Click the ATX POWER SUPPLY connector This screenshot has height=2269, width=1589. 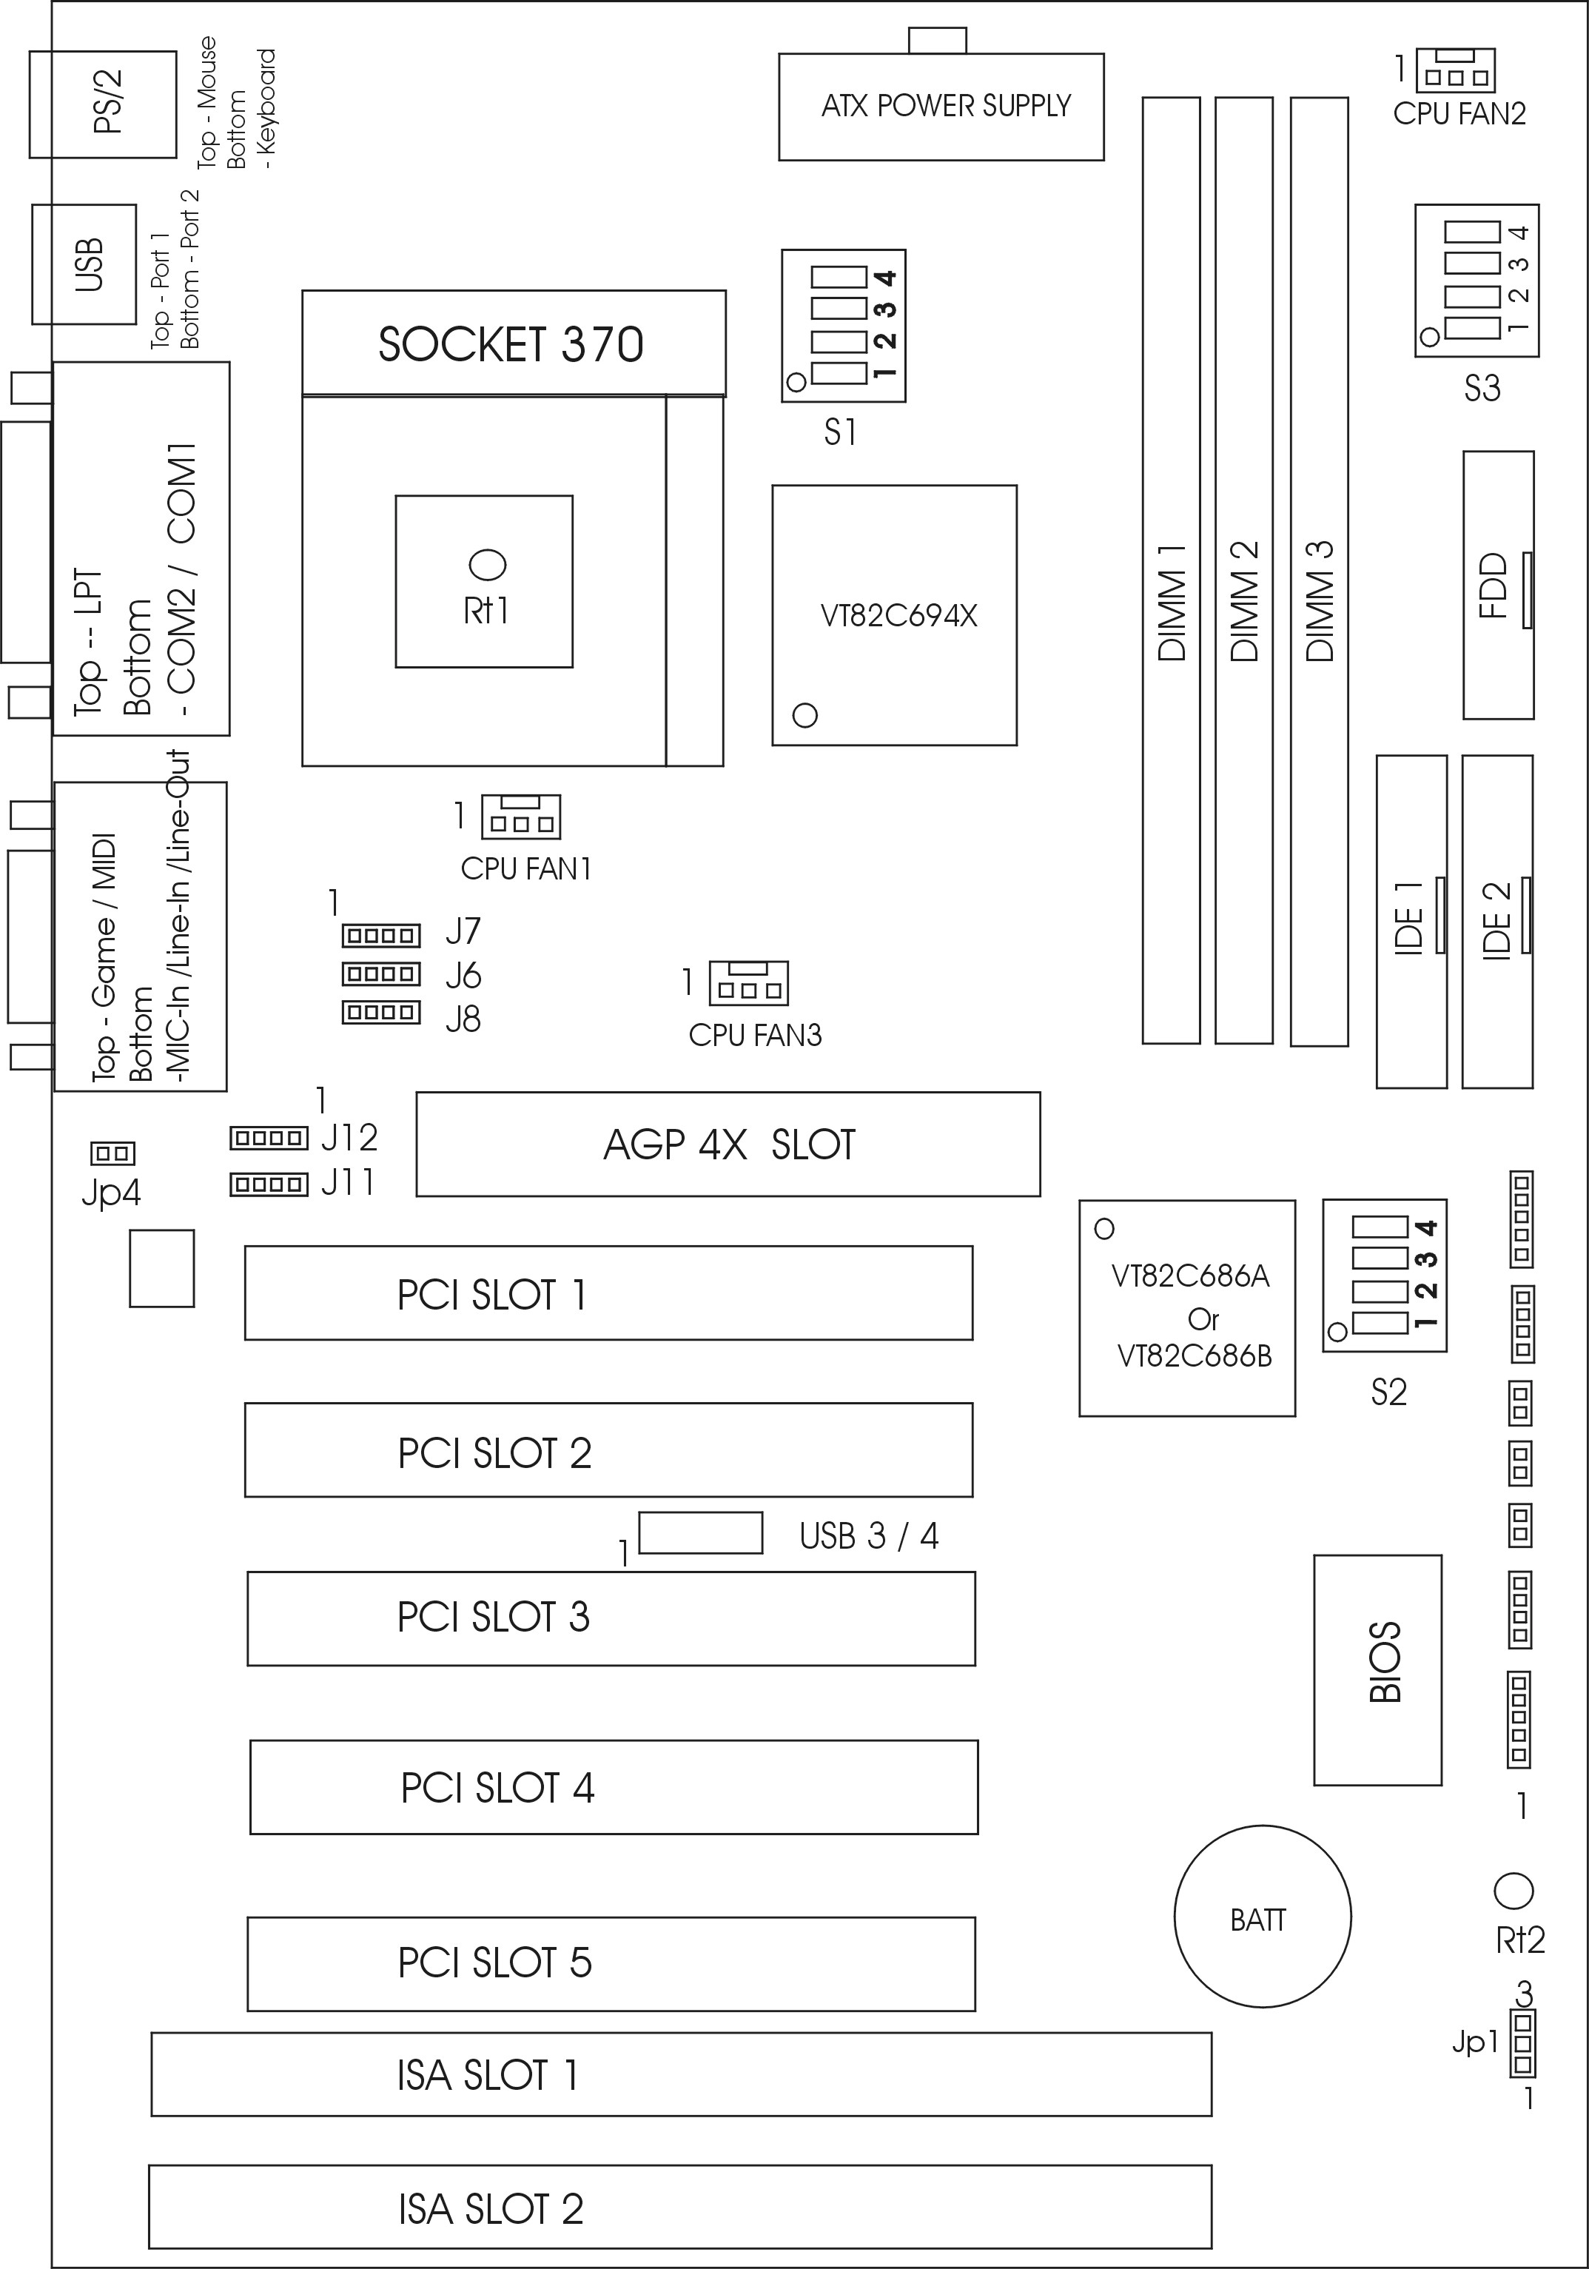tap(941, 106)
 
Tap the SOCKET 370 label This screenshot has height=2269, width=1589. tap(511, 344)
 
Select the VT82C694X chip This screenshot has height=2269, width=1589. tap(894, 614)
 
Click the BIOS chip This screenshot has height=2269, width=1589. tap(1377, 1670)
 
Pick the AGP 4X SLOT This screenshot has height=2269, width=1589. tap(728, 1144)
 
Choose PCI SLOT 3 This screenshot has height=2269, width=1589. tap(611, 1619)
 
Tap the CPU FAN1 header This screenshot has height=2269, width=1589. tap(521, 817)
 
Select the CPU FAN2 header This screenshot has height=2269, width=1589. tap(1456, 70)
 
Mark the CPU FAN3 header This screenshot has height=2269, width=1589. tap(748, 983)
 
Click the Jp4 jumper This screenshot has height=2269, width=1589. tap(112, 1153)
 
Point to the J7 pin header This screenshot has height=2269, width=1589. tap(381, 935)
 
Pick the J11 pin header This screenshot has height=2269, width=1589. tap(269, 1183)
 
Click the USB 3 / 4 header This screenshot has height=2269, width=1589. tap(701, 1532)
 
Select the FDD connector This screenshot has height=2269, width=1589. tap(1499, 585)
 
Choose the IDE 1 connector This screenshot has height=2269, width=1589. tap(1412, 922)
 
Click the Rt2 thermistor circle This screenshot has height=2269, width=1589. tap(1512, 1891)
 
